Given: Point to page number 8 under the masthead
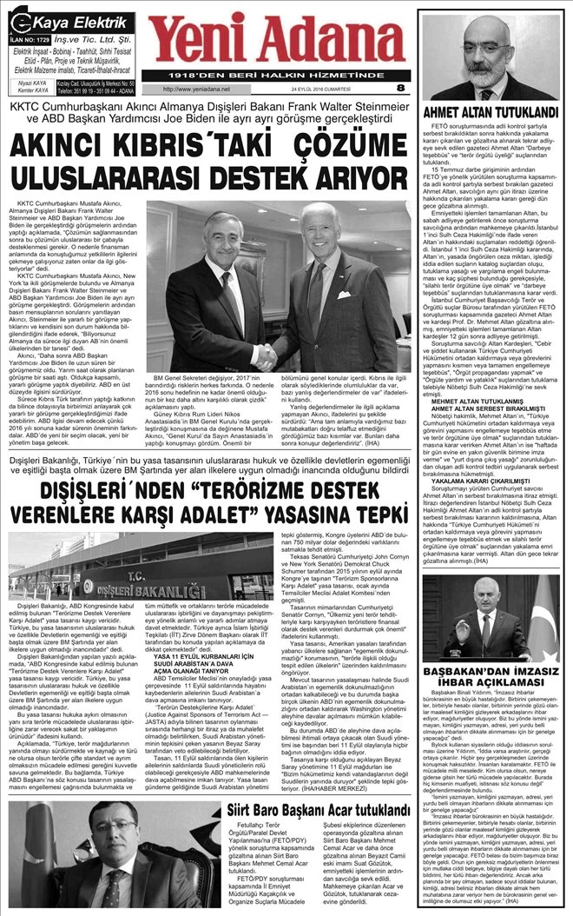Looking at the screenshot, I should [x=399, y=88].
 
